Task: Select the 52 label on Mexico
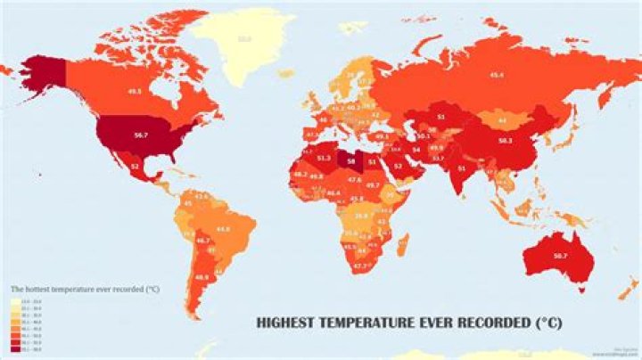(135, 167)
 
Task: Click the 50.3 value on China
(505, 140)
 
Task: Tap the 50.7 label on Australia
(560, 256)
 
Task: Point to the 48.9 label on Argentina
(202, 277)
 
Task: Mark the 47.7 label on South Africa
(362, 266)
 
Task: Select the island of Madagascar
(401, 242)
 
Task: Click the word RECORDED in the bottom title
(479, 322)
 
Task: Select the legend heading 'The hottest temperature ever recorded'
(70, 290)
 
